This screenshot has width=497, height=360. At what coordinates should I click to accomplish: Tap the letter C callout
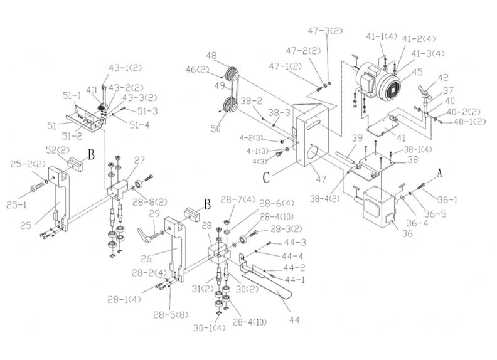(x=266, y=177)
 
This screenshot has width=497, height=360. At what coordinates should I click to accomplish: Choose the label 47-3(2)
(x=325, y=31)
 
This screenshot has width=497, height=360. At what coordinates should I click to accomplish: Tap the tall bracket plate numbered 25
(x=60, y=201)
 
